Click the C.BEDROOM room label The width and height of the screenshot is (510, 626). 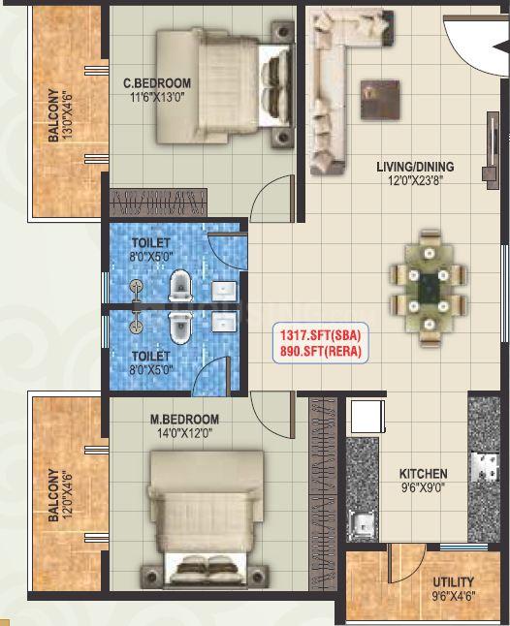(x=157, y=83)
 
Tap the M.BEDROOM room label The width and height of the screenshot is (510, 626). (x=184, y=420)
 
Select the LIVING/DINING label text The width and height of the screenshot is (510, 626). (x=415, y=167)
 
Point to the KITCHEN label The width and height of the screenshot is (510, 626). (x=424, y=474)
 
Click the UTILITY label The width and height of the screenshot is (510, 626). (x=454, y=581)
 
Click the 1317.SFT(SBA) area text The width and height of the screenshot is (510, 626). (x=320, y=335)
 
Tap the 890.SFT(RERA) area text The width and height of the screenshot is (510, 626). (x=320, y=351)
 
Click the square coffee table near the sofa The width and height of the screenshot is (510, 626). (x=380, y=100)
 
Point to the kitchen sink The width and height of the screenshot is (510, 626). (x=362, y=523)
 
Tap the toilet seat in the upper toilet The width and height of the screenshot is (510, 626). (x=180, y=286)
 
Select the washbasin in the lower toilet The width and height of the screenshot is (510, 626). (x=224, y=322)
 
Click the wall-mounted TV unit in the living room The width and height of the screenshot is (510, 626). (x=492, y=150)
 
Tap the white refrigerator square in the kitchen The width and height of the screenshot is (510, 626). (x=367, y=417)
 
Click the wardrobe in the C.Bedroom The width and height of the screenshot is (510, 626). (x=158, y=203)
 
